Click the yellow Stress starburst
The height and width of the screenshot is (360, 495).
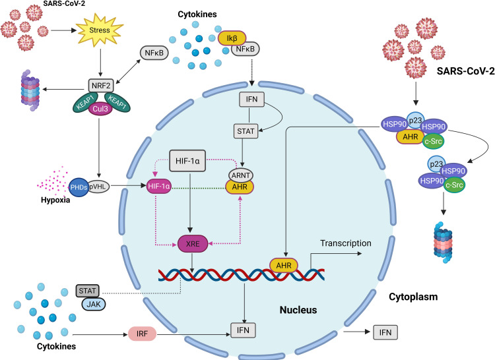point(100,30)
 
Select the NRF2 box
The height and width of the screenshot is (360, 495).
point(101,86)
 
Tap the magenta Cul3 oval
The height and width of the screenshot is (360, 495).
point(100,109)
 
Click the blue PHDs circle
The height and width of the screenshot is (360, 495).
point(79,187)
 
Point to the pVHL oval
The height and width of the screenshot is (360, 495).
point(98,187)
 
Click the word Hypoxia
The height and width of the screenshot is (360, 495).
point(55,200)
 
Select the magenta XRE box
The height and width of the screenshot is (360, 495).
point(193,244)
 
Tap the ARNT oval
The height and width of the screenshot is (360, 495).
point(240,175)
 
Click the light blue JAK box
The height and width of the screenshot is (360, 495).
point(94,304)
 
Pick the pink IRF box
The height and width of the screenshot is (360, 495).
point(142,334)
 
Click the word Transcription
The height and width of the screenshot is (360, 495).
point(346,243)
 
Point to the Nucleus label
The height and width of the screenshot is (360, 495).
point(298,310)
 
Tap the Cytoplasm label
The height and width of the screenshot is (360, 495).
point(413,297)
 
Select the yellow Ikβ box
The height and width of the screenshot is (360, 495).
point(232,38)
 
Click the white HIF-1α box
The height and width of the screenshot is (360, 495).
point(187,161)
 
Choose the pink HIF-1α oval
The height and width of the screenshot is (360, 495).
point(159,187)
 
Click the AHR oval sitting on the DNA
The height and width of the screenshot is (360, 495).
point(284,266)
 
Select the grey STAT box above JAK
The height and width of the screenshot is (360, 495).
point(87,291)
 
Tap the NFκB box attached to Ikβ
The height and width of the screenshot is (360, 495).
point(246,49)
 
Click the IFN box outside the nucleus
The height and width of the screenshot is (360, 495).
point(385,332)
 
